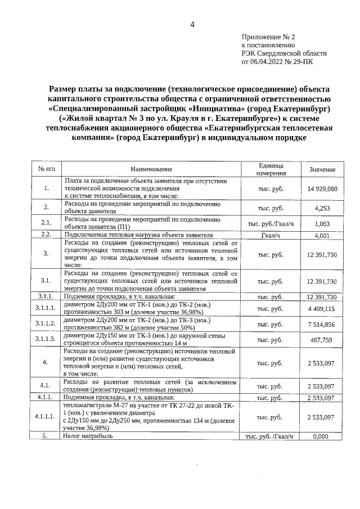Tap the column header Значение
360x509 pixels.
click(322, 169)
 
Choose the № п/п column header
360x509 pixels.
click(47, 169)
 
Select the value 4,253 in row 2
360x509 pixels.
click(322, 208)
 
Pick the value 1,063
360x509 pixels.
click(322, 223)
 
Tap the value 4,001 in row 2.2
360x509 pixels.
click(322, 235)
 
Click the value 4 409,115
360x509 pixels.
click(322, 309)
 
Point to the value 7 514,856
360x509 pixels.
click(322, 325)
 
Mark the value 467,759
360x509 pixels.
click(322, 340)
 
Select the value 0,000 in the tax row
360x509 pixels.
click(322, 436)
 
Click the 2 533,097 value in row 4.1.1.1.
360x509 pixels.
click(322, 417)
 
